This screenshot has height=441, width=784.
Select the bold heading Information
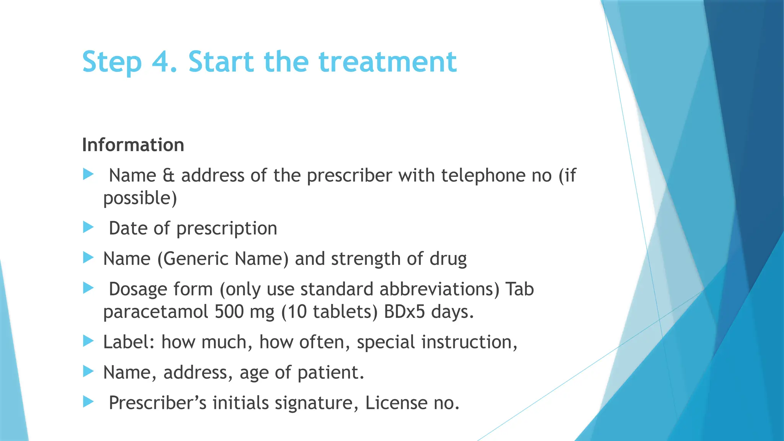point(133,145)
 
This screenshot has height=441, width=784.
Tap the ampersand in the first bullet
point(168,176)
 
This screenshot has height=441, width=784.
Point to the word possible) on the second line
point(140,198)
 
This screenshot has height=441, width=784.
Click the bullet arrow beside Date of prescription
point(88,227)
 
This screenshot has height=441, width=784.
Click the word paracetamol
point(155,312)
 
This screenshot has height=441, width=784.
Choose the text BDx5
point(404,312)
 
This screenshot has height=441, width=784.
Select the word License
point(396,403)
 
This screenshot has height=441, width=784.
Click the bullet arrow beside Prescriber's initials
point(88,402)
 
